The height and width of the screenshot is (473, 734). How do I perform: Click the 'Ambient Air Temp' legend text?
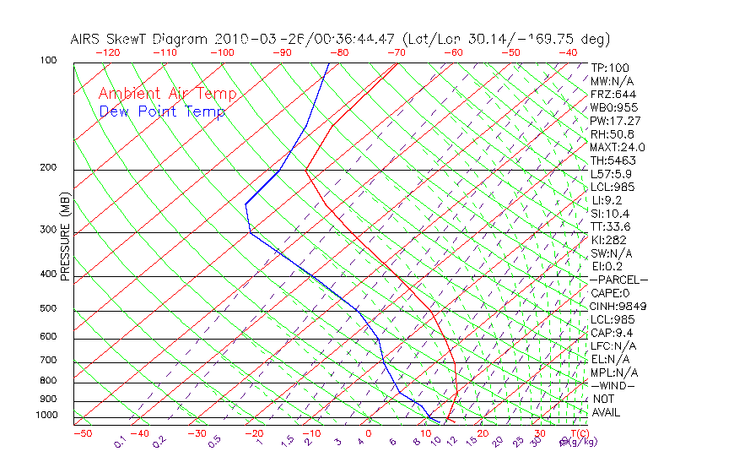tap(167, 94)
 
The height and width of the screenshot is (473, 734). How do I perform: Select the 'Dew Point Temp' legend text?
tap(162, 111)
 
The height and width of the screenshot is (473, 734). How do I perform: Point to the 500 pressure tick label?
tap(47, 309)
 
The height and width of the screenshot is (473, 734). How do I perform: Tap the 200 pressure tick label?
tap(47, 168)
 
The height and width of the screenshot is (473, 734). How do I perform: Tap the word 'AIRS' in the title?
tap(87, 39)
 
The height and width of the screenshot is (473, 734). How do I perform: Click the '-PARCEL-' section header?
tap(618, 280)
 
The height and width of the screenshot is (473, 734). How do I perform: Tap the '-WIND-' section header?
tap(613, 385)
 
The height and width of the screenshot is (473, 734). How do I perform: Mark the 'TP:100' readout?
tap(609, 68)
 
